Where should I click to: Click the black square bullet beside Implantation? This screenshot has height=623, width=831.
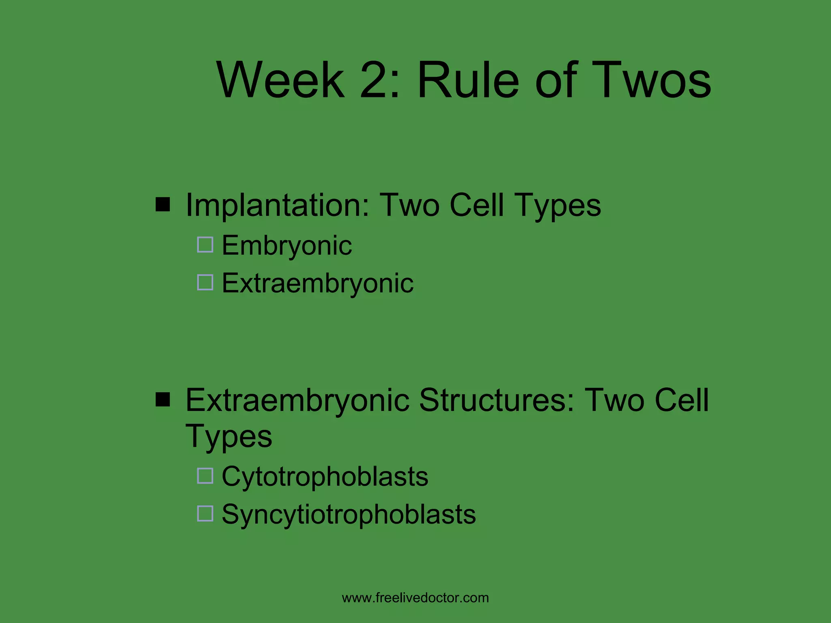pos(163,205)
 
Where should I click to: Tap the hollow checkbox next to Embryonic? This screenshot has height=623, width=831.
pos(205,245)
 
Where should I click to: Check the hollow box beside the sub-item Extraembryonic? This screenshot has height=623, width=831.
pos(205,282)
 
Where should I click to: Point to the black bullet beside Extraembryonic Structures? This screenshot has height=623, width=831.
pos(163,400)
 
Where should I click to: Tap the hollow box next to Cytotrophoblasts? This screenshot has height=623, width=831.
pos(205,476)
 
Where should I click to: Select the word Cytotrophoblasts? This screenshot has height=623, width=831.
pos(325,477)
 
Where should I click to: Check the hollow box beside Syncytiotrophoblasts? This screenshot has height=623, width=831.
pos(205,513)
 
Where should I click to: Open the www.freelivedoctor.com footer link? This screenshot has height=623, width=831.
pos(415,598)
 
